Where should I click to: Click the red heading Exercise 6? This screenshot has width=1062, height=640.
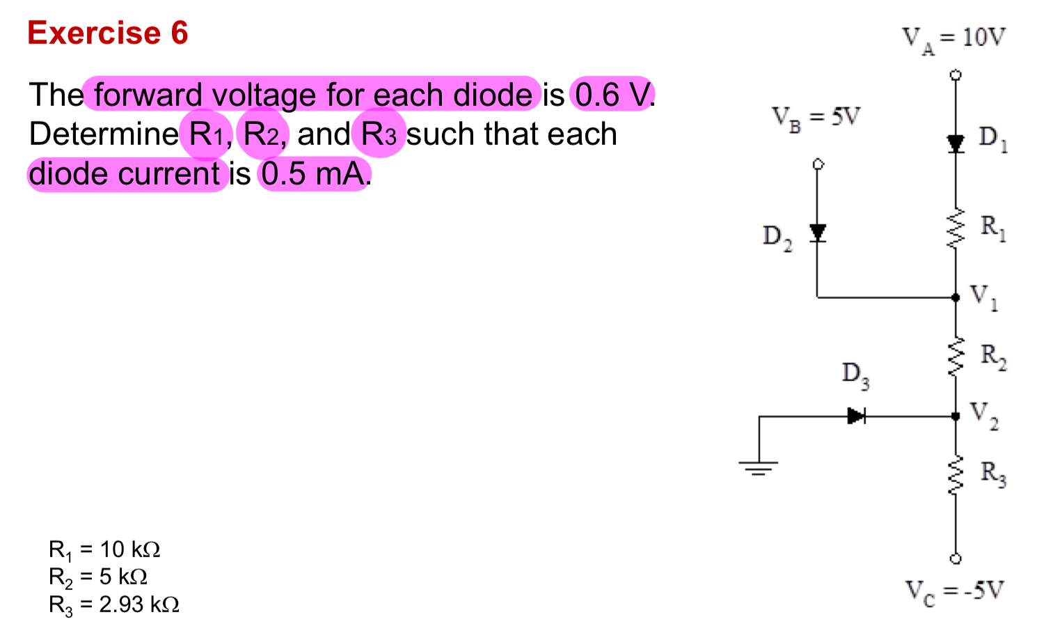pyautogui.click(x=108, y=33)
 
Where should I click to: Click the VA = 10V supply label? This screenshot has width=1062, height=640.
pyautogui.click(x=953, y=38)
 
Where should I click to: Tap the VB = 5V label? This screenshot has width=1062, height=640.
pyautogui.click(x=816, y=117)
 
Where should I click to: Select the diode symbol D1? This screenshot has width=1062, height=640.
pyautogui.click(x=956, y=143)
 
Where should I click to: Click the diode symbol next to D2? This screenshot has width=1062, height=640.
pyautogui.click(x=818, y=232)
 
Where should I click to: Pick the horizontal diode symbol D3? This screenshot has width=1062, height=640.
pyautogui.click(x=856, y=416)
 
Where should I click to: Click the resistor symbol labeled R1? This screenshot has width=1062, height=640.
pyautogui.click(x=956, y=227)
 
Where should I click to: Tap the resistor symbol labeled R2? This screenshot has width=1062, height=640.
pyautogui.click(x=956, y=357)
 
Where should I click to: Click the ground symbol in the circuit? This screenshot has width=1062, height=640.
pyautogui.click(x=759, y=466)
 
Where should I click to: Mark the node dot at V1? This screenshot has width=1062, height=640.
pyautogui.click(x=956, y=297)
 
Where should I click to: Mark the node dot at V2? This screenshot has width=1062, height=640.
pyautogui.click(x=956, y=416)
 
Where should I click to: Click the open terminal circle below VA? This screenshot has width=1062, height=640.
pyautogui.click(x=956, y=75)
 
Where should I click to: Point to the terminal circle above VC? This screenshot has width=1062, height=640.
pyautogui.click(x=956, y=559)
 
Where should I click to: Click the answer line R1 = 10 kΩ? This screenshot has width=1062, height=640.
pyautogui.click(x=104, y=550)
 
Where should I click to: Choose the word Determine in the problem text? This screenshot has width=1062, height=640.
pyautogui.click(x=104, y=134)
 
